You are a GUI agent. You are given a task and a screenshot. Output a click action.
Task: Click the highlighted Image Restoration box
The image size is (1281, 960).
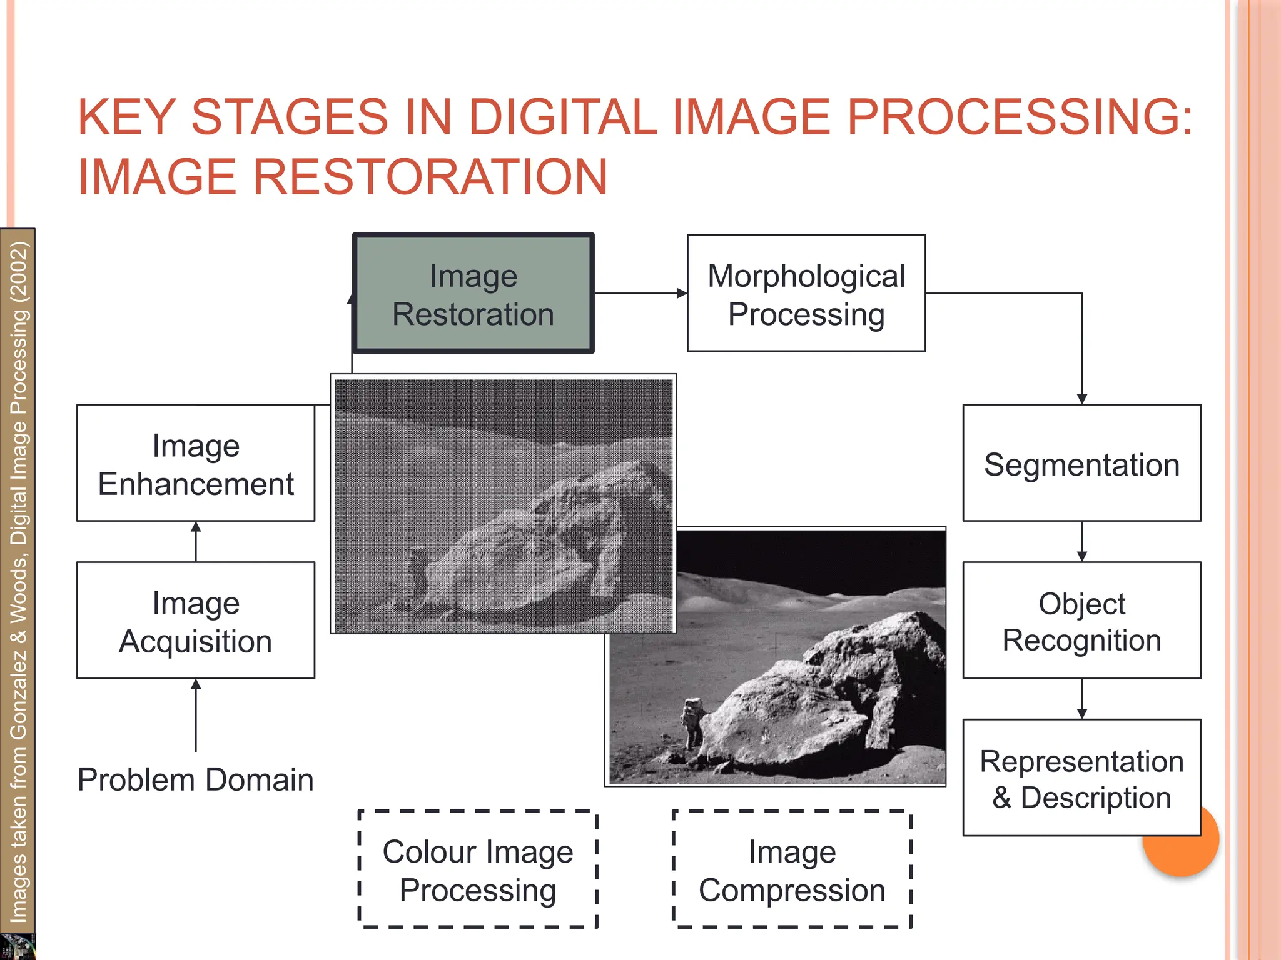point(473,294)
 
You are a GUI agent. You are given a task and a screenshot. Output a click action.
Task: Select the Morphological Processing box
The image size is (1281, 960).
point(806,294)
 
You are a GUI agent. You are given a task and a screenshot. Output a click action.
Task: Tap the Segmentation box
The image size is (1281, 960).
point(1081,463)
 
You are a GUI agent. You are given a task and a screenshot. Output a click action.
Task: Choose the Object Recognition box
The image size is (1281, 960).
point(1081,621)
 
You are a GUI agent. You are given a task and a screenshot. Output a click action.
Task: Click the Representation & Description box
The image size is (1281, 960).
point(1081,778)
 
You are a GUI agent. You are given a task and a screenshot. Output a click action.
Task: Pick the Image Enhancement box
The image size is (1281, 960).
point(196,463)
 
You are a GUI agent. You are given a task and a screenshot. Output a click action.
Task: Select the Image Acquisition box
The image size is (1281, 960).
point(196,621)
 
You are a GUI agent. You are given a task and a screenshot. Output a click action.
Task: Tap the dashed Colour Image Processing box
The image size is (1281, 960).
point(478,869)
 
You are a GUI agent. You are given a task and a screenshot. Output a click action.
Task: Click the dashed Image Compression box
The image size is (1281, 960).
point(792,869)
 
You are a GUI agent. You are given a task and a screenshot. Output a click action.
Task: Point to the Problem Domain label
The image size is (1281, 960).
point(196,780)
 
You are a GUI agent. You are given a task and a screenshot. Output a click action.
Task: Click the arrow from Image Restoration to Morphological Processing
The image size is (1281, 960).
point(640,293)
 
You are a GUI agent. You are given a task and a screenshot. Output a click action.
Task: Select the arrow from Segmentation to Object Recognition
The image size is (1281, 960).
point(1082,542)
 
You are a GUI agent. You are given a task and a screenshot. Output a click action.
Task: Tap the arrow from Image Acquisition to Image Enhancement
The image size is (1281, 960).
point(196,542)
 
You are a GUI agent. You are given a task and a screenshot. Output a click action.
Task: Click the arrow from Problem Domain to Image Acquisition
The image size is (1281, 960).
point(196,716)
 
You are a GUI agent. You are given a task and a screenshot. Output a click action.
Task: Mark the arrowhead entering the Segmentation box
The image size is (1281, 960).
point(1082,399)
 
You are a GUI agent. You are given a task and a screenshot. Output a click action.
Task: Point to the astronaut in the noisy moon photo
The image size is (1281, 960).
point(417,572)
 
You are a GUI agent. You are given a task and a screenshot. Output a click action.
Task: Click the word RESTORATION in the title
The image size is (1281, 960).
point(430,177)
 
